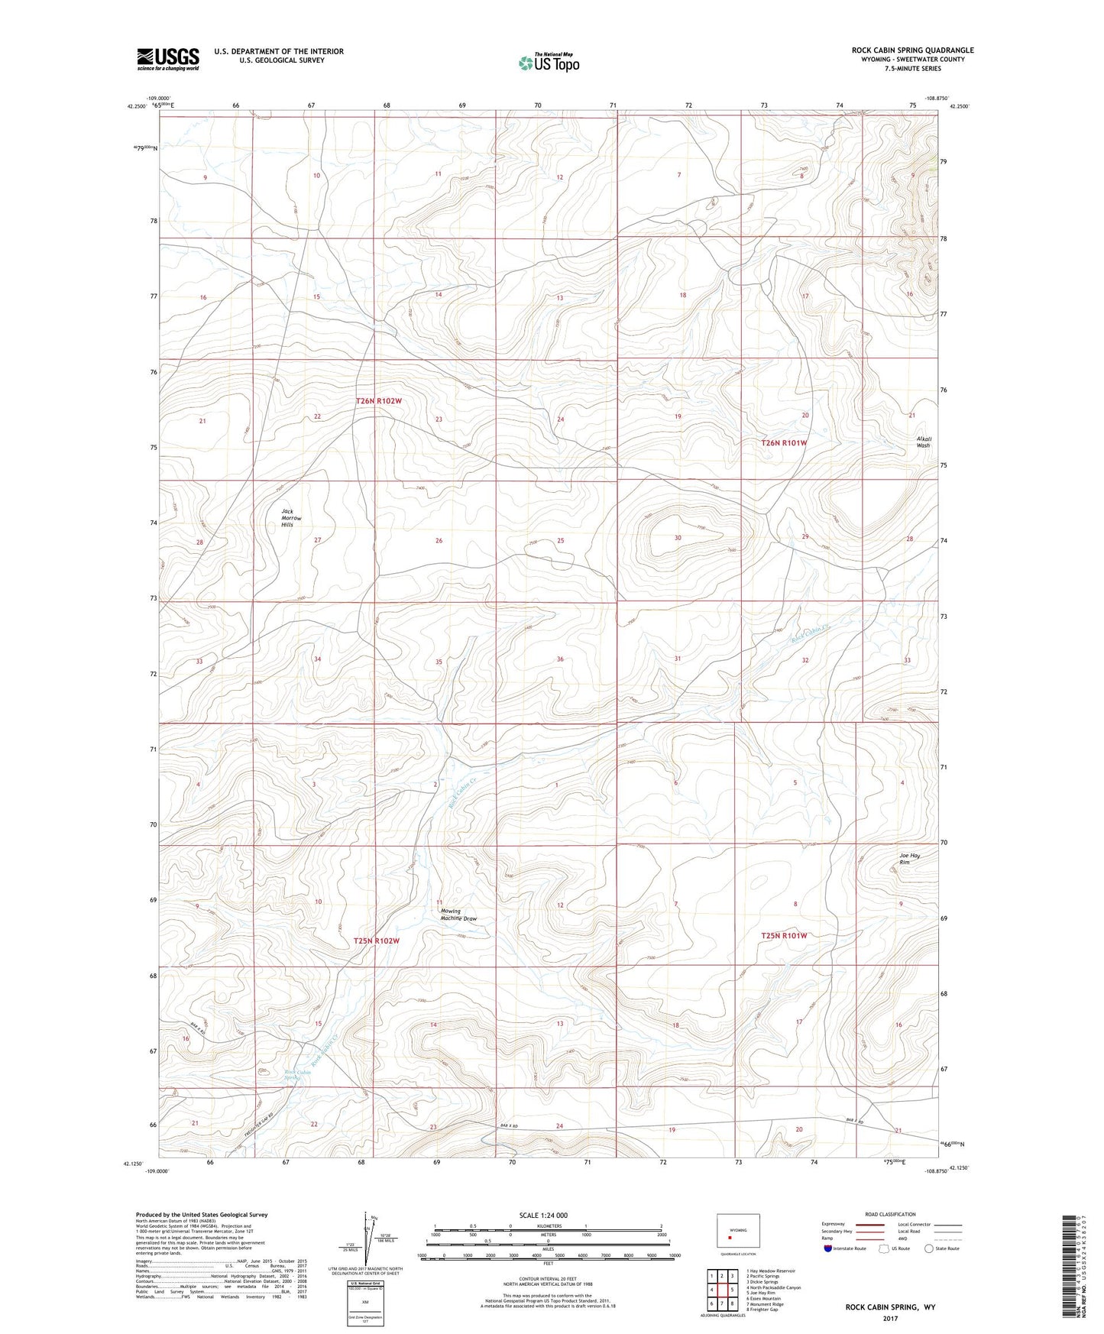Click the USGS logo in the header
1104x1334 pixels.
[x=168, y=59]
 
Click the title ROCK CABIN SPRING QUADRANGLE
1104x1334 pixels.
[x=912, y=50]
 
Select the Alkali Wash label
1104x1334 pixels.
[x=923, y=442]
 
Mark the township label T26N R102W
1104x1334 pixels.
[x=389, y=400]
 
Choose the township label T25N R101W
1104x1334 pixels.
[x=784, y=935]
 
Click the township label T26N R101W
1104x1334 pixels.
[x=784, y=442]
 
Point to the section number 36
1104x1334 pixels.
[x=560, y=659]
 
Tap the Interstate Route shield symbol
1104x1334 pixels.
[x=829, y=1248]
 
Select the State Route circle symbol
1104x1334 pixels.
[x=929, y=1248]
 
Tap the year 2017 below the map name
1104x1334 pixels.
[x=890, y=1318]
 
